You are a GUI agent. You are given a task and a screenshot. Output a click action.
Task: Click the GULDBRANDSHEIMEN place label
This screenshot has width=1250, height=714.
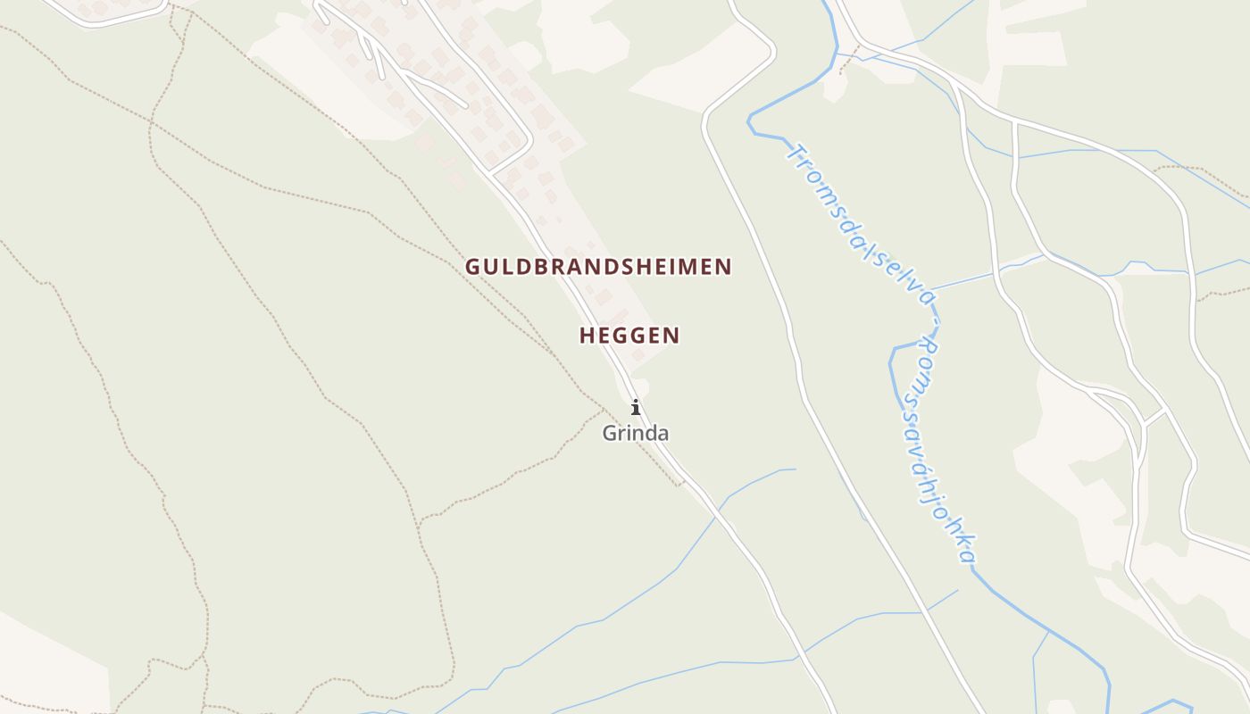[598, 266]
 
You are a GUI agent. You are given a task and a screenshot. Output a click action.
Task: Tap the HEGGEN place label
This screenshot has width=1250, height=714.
[629, 336]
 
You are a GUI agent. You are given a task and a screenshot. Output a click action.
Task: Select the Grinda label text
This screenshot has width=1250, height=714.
[635, 434]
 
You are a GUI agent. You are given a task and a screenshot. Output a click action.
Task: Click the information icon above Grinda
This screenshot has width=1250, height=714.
[636, 408]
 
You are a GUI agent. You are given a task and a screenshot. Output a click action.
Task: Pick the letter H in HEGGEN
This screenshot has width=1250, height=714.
[587, 336]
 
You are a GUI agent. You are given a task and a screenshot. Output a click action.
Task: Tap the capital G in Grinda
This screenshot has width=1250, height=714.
[610, 434]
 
